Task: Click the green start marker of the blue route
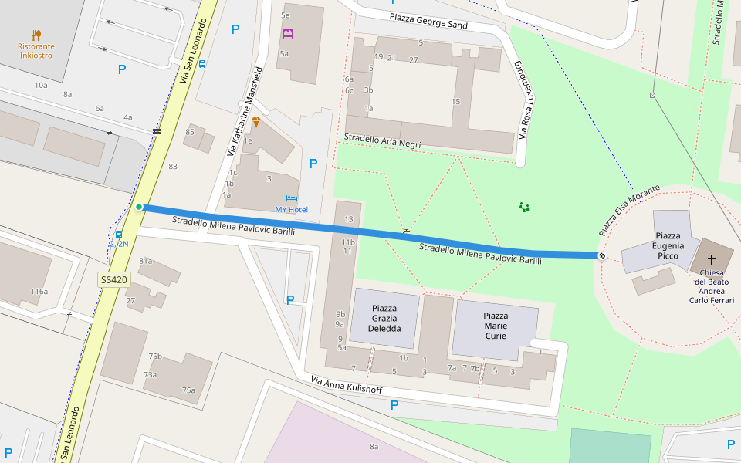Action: (139, 207)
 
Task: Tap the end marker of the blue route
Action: (602, 255)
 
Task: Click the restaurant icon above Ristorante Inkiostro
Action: (36, 35)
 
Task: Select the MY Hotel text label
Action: (291, 210)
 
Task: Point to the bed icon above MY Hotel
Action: (291, 198)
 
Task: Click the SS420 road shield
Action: (114, 279)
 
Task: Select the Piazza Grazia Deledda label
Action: (384, 318)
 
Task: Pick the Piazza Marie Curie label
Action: (496, 326)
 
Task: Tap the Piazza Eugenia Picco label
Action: (667, 245)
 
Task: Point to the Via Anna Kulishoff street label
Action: (347, 384)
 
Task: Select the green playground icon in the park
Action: (525, 207)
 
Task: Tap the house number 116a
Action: (39, 291)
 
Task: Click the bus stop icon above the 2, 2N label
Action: (118, 234)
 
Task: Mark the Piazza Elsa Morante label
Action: (629, 211)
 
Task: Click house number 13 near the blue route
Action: (348, 219)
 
